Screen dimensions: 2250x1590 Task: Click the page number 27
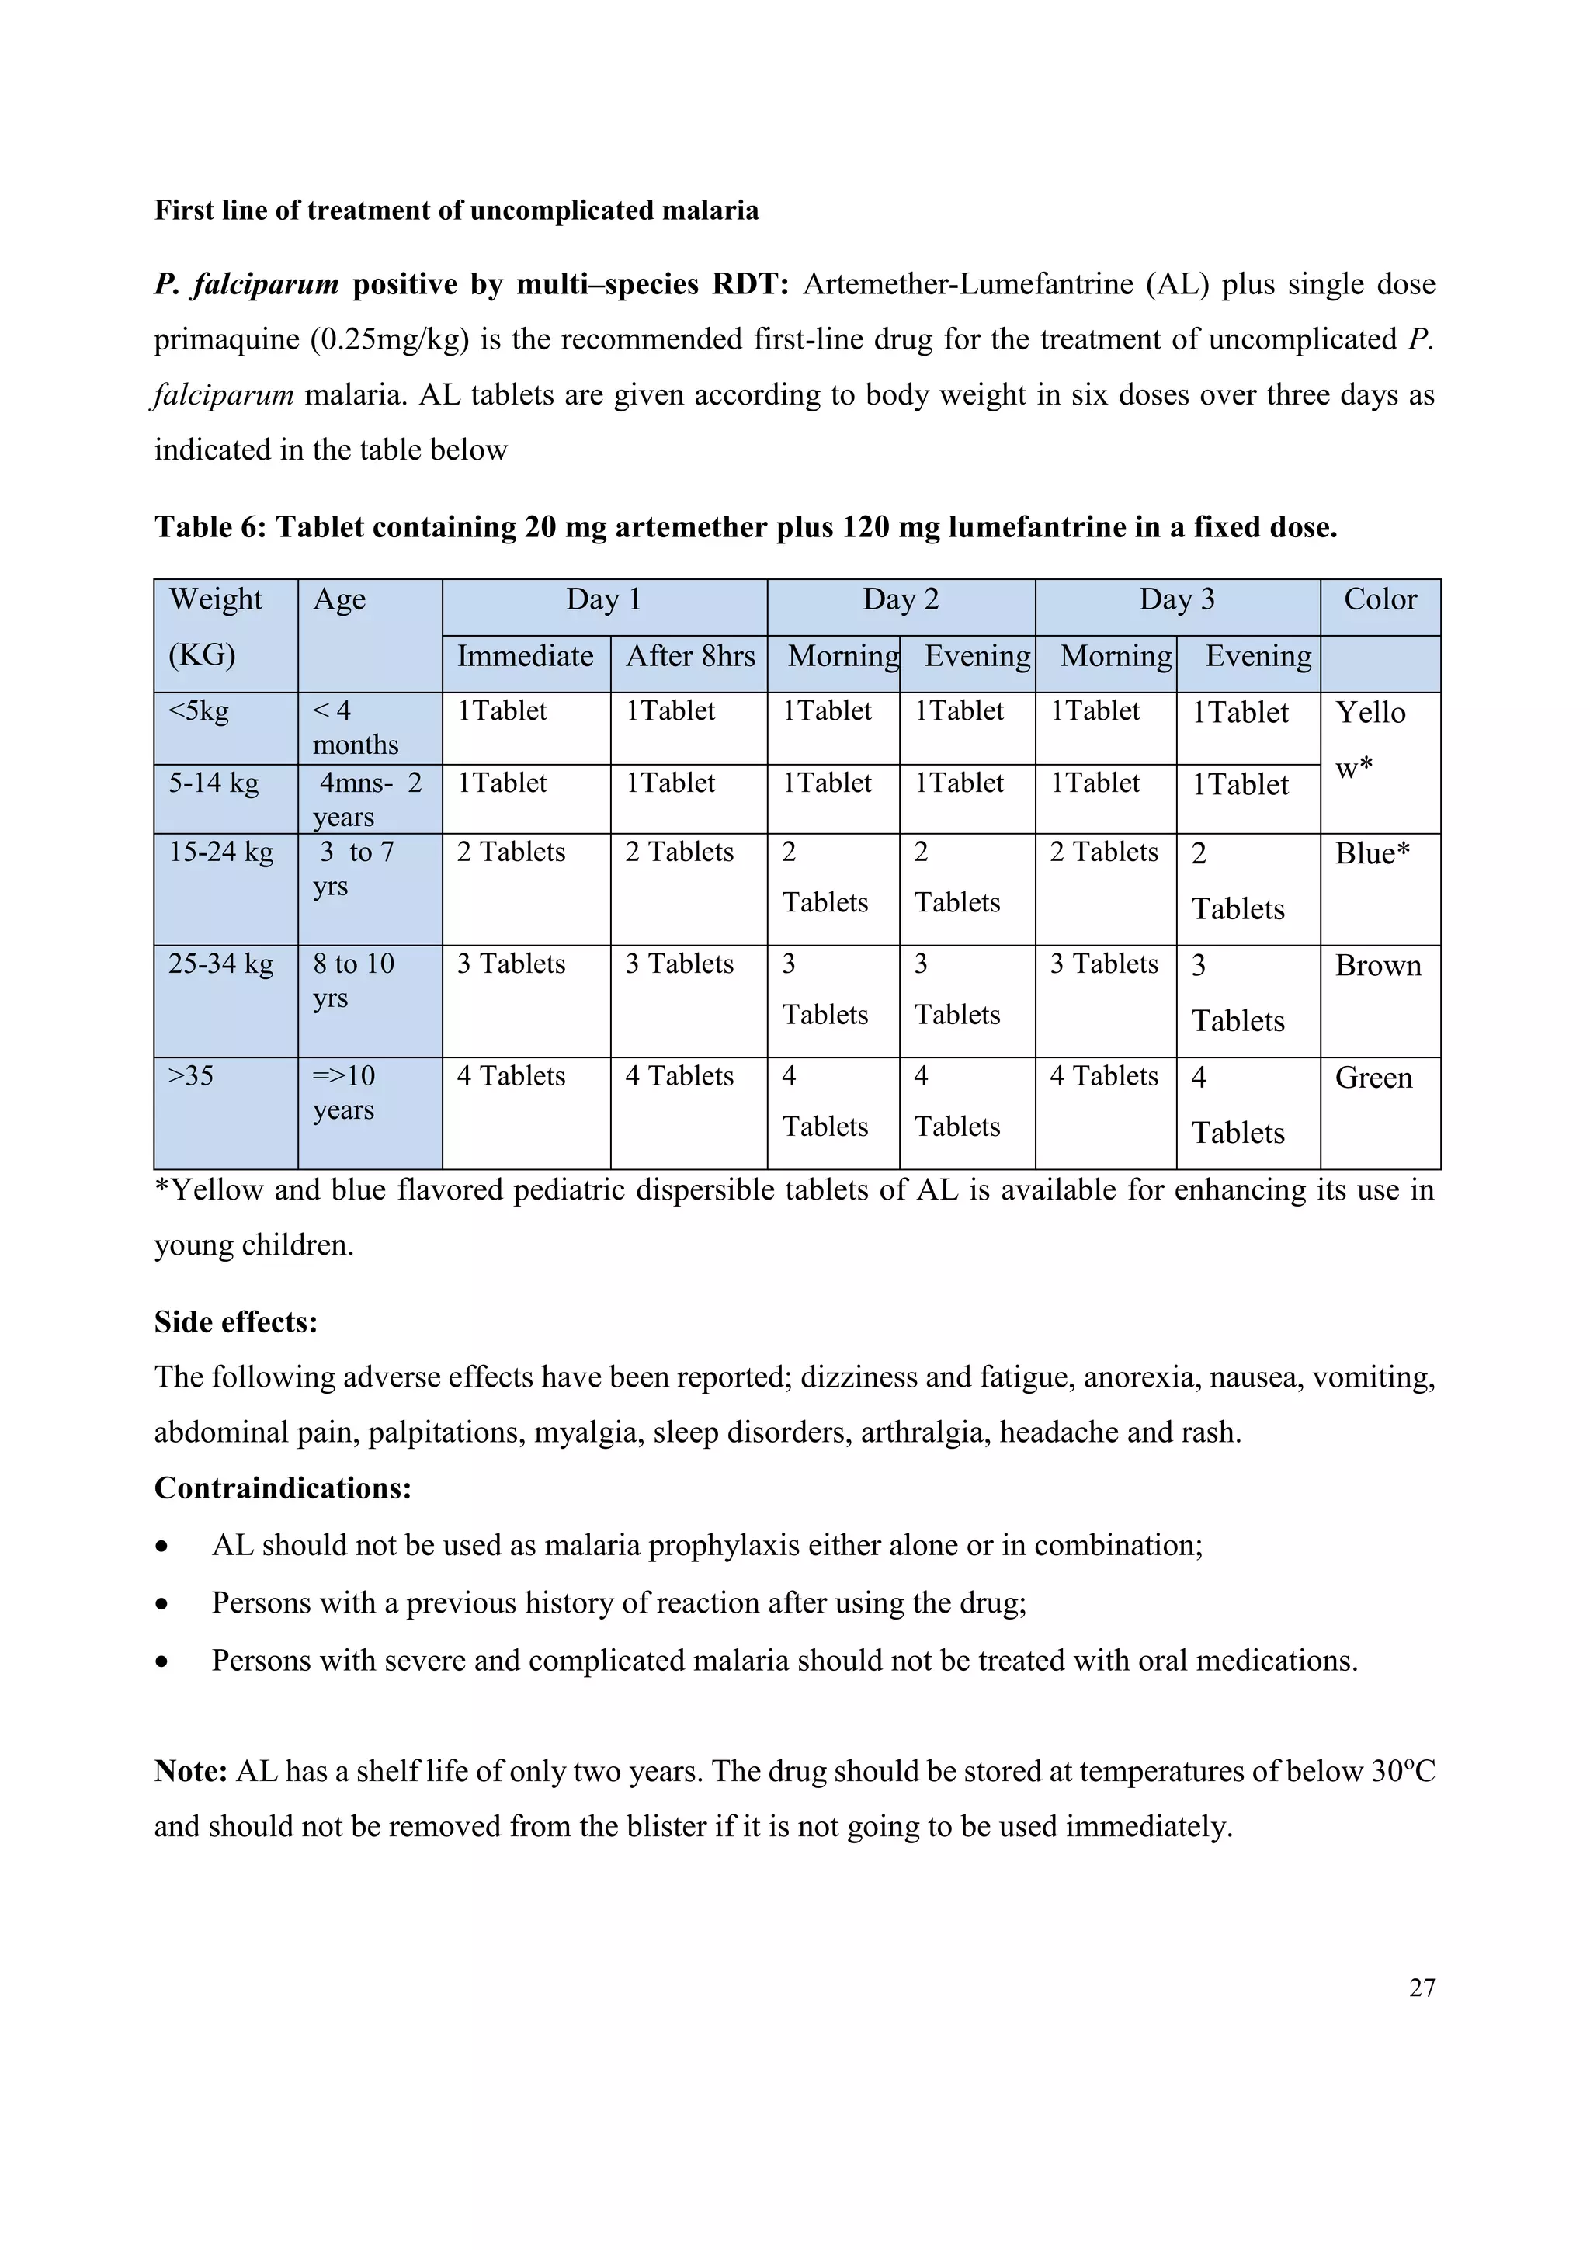click(x=1422, y=1988)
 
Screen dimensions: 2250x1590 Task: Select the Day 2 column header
click(x=901, y=599)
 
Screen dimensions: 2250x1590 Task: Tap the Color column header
click(x=1380, y=599)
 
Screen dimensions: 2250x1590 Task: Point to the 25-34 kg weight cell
click(x=221, y=964)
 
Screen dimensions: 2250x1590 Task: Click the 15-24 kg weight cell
click(x=221, y=852)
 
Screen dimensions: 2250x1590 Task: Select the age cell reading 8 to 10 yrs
click(x=354, y=981)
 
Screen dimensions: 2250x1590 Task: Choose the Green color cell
click(x=1373, y=1078)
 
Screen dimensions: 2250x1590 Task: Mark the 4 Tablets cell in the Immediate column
click(x=512, y=1077)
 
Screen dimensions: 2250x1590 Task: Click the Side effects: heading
click(x=236, y=1322)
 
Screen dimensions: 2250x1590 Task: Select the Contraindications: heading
click(x=282, y=1488)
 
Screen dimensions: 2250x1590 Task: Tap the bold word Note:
click(x=191, y=1772)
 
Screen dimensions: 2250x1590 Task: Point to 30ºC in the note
click(x=1403, y=1772)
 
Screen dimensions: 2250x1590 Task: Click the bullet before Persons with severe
click(x=161, y=1662)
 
